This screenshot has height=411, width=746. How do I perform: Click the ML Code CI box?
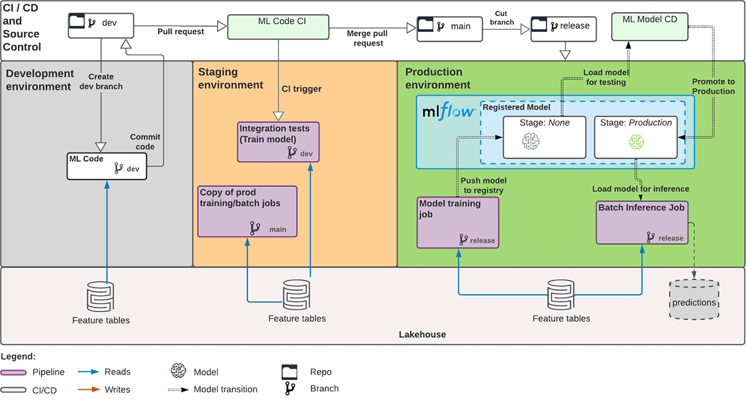tap(277, 26)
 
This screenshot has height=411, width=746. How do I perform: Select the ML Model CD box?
tap(650, 26)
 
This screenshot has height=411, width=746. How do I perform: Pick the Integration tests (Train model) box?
tap(279, 142)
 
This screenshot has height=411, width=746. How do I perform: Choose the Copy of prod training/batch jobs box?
tap(247, 211)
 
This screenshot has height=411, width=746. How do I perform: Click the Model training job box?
tap(458, 222)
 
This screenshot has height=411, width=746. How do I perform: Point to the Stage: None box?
tap(545, 136)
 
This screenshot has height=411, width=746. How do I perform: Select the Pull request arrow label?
tap(180, 32)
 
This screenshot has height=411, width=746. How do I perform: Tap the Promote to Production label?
tap(714, 86)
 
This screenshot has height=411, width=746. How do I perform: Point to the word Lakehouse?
tap(422, 335)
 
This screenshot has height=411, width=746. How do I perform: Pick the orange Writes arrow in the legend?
tap(90, 389)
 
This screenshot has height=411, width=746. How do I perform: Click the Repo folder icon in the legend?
tap(290, 372)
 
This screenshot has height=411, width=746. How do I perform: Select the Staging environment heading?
tap(231, 79)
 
